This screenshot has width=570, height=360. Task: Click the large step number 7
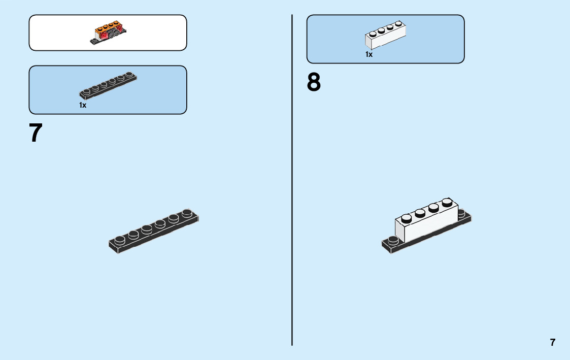tap(36, 133)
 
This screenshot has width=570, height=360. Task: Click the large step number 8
tap(314, 82)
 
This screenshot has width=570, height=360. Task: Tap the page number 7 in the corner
tap(553, 342)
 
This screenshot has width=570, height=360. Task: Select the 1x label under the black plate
tap(83, 105)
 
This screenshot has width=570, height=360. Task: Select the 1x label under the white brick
tap(369, 54)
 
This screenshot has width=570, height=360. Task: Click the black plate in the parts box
tap(108, 85)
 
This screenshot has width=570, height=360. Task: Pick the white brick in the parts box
tap(385, 36)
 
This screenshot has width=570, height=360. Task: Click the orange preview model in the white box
tap(108, 33)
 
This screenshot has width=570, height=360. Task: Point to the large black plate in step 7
tap(153, 232)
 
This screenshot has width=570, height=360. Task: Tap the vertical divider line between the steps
tap(292, 178)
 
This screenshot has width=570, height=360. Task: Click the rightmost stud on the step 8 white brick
tap(447, 202)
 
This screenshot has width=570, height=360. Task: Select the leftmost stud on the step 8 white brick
tap(406, 218)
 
